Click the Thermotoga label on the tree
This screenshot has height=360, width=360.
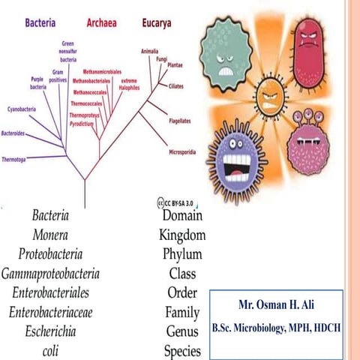(x=15, y=159)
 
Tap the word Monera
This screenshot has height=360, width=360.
(x=52, y=235)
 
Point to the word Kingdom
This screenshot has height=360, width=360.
(x=182, y=235)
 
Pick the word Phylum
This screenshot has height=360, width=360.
(x=182, y=254)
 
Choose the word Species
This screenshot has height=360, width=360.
(x=183, y=350)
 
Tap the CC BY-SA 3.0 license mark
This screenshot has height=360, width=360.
(x=178, y=202)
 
